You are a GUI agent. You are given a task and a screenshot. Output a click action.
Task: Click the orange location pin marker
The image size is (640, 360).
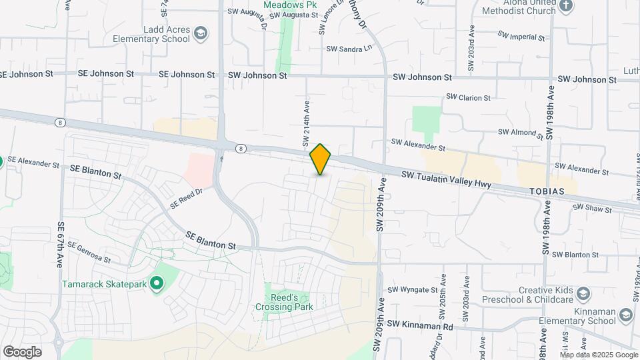click(x=321, y=159)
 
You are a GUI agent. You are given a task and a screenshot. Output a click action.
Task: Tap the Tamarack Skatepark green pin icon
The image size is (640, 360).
click(x=157, y=285)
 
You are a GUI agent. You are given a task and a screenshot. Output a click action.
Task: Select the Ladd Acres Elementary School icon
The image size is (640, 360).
click(x=201, y=33)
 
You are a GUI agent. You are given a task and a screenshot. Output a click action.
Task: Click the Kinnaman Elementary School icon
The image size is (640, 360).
click(x=625, y=314)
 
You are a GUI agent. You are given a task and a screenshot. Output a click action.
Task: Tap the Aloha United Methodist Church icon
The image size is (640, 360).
click(x=566, y=7)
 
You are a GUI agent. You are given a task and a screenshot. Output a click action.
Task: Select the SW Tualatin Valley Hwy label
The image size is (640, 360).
click(x=446, y=179)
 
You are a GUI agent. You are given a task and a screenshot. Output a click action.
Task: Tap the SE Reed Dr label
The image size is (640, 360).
click(x=186, y=198)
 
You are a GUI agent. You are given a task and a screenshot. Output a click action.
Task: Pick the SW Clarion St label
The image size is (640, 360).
click(x=468, y=97)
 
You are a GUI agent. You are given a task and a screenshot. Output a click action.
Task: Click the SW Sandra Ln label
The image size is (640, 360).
click(x=349, y=49)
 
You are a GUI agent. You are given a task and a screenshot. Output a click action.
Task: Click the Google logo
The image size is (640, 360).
click(x=22, y=351)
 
